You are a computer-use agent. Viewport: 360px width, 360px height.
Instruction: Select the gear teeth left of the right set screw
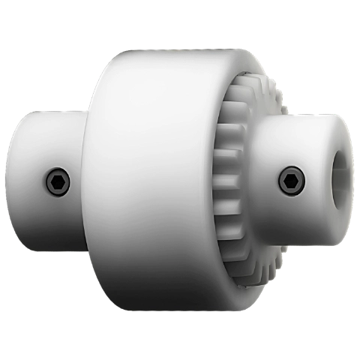225,180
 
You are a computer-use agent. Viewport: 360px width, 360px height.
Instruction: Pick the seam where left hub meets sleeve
84,180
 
